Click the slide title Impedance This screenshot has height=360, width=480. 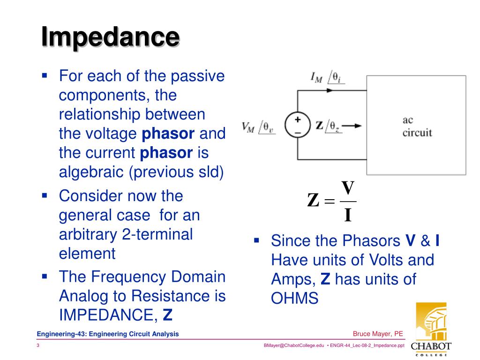(110, 37)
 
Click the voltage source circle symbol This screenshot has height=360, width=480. (298, 126)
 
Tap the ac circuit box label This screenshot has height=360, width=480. (417, 126)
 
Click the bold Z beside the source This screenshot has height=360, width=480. (320, 125)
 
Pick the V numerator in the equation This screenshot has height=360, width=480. (347, 188)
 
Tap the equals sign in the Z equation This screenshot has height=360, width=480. (330, 202)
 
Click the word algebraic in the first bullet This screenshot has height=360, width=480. (92, 172)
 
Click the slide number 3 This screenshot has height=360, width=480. (38, 345)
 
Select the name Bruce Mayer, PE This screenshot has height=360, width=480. (378, 334)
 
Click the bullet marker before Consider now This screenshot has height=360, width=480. (45, 195)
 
